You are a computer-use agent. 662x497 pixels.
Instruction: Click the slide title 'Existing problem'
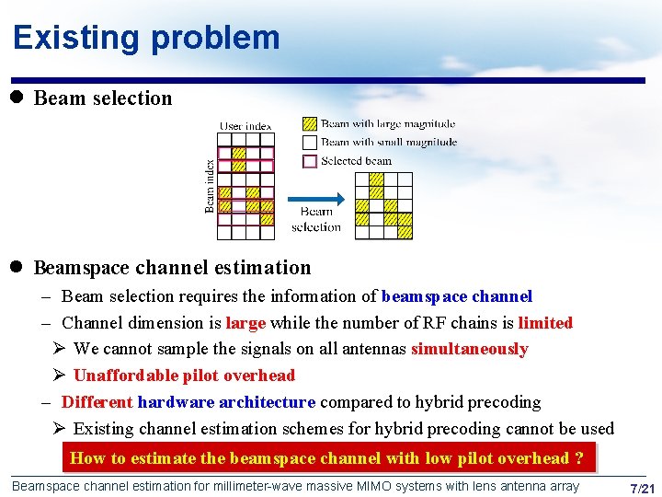(x=146, y=38)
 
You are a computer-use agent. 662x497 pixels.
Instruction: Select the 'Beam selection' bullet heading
(x=102, y=98)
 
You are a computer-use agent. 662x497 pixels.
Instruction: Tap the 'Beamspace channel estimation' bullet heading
(x=172, y=268)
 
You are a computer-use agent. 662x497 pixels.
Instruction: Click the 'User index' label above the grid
(x=245, y=126)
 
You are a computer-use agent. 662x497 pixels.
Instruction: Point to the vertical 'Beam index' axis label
(x=210, y=186)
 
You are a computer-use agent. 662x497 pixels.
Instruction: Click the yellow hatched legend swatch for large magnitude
(x=310, y=123)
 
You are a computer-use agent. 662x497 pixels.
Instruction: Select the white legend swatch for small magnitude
(x=310, y=142)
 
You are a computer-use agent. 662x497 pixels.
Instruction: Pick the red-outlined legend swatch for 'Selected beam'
(x=310, y=160)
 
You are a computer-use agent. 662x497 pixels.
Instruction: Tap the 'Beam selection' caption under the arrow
(x=315, y=219)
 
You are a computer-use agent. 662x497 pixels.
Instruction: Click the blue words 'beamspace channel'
(x=456, y=296)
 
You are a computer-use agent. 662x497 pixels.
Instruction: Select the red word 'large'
(x=245, y=323)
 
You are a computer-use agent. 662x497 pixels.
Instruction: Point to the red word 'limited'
(x=544, y=323)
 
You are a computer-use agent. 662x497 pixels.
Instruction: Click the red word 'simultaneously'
(x=469, y=349)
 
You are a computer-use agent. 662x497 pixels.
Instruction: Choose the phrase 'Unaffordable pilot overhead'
(x=184, y=376)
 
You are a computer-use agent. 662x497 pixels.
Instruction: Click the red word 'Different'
(x=97, y=402)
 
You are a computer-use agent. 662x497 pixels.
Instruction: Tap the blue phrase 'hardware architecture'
(x=226, y=402)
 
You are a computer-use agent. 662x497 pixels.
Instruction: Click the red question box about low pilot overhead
(x=327, y=458)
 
